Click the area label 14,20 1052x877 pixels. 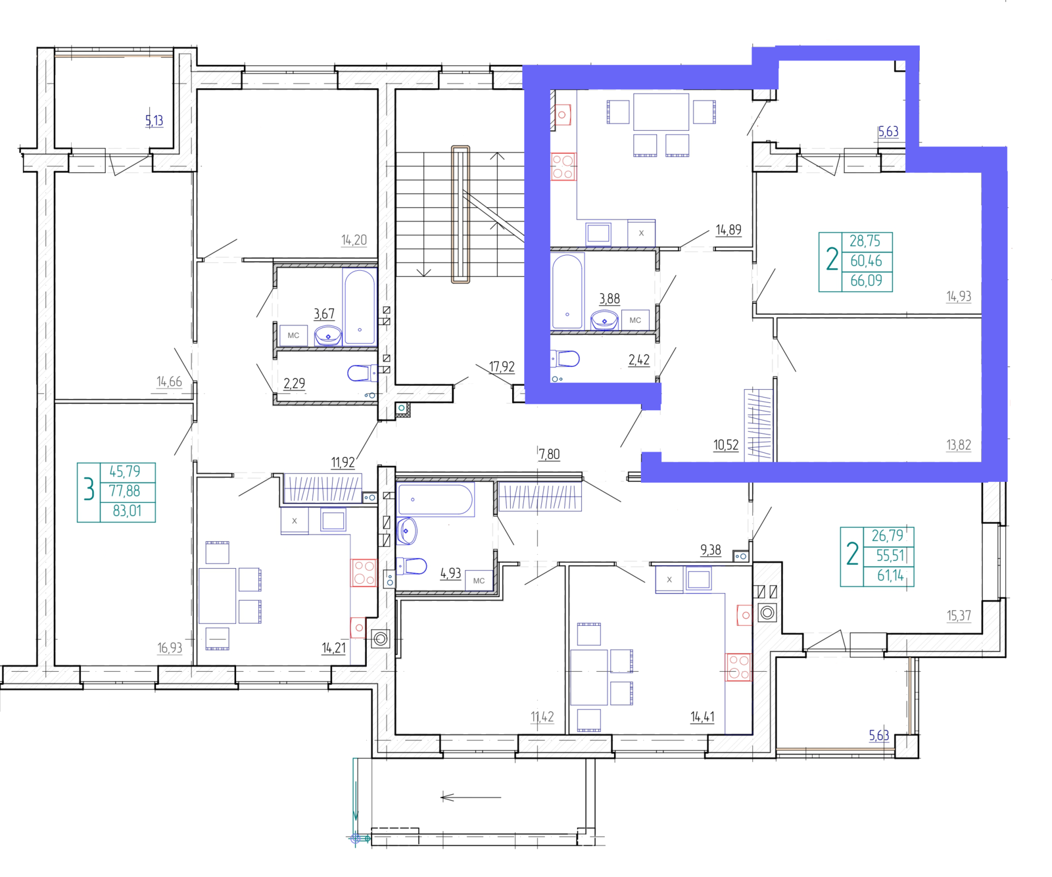pyautogui.click(x=354, y=240)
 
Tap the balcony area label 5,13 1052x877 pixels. pyautogui.click(x=154, y=120)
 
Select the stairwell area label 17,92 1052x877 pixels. pyautogui.click(x=502, y=367)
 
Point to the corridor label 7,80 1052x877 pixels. pyautogui.click(x=549, y=454)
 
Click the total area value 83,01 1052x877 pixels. pyautogui.click(x=127, y=511)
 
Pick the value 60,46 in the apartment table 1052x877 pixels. pyautogui.click(x=866, y=261)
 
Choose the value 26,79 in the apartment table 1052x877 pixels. pyautogui.click(x=887, y=536)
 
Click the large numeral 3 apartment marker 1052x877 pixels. pyautogui.click(x=89, y=490)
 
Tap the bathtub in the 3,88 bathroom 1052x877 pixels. pyautogui.click(x=567, y=291)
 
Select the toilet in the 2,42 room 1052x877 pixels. pyautogui.click(x=567, y=358)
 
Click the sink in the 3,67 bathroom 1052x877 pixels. pyautogui.click(x=328, y=336)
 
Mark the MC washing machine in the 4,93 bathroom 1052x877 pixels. pyautogui.click(x=479, y=581)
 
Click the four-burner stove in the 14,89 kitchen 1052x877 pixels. pyautogui.click(x=563, y=166)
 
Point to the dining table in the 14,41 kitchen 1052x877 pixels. pyautogui.click(x=588, y=677)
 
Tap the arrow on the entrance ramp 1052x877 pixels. pyautogui.click(x=471, y=797)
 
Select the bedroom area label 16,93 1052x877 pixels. pyautogui.click(x=170, y=648)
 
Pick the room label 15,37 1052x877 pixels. pyautogui.click(x=959, y=615)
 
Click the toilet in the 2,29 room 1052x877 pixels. pyautogui.click(x=361, y=373)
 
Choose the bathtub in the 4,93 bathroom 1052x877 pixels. pyautogui.click(x=435, y=500)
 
